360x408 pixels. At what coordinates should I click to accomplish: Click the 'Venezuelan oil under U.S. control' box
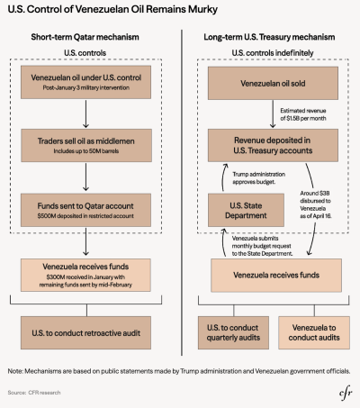tap(85, 82)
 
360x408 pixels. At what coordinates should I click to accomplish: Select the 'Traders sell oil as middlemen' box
tap(86, 146)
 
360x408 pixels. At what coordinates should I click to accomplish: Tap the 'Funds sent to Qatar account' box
tap(85, 210)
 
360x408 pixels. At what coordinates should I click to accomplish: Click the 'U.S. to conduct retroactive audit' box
tap(85, 332)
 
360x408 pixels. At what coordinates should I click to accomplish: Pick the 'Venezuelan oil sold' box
tap(273, 83)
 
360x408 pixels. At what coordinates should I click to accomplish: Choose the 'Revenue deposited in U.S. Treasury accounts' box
tap(273, 145)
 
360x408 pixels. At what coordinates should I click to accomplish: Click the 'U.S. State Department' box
tap(246, 210)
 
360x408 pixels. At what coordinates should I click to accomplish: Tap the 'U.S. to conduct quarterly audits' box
tap(233, 332)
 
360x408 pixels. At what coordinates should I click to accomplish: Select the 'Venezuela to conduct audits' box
tap(314, 332)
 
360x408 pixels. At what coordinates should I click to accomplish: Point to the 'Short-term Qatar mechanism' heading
tap(85, 37)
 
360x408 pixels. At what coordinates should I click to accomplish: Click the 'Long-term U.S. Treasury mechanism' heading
tap(269, 37)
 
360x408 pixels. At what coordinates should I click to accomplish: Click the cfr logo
tap(346, 394)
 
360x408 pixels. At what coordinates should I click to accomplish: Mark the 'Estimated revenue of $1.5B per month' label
tap(303, 114)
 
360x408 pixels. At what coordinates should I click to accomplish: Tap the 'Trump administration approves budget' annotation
tap(258, 178)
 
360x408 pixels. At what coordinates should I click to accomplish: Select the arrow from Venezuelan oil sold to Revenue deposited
tap(273, 114)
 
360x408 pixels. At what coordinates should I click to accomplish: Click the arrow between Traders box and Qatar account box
tap(85, 177)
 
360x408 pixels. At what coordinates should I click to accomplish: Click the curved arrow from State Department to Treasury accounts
tap(223, 177)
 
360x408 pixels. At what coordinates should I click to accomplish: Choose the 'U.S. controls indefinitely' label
tap(273, 53)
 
